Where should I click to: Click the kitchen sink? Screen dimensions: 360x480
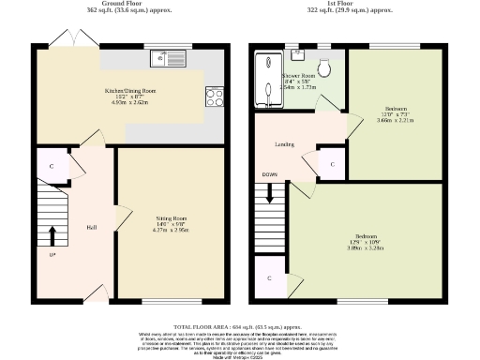point(169,61)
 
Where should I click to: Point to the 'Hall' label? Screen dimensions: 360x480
point(93,228)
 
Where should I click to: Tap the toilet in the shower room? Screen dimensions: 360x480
point(323,68)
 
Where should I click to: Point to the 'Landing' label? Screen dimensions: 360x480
point(286,145)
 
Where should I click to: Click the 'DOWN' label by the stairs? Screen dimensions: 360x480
point(269,175)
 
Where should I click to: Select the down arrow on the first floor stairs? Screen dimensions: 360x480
point(270,195)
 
